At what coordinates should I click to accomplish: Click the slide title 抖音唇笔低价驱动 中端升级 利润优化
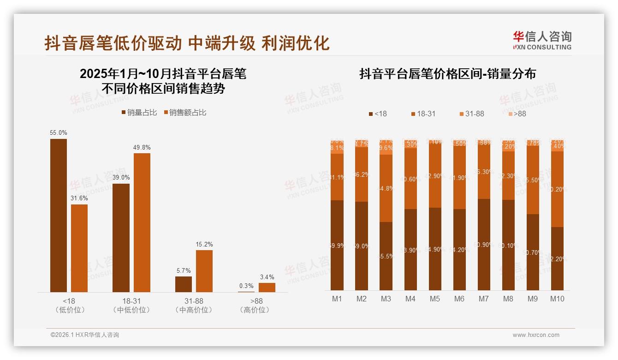187,43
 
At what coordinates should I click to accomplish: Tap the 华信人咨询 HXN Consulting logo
542,41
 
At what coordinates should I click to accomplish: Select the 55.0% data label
59,133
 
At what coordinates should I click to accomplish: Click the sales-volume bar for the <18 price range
59,215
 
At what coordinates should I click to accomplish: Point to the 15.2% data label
204,245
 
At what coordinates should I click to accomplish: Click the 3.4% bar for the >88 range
267,287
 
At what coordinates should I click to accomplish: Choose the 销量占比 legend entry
139,113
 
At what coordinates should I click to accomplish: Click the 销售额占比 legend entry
185,113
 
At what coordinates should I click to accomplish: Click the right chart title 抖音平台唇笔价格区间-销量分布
447,74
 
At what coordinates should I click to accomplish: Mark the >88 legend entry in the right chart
517,114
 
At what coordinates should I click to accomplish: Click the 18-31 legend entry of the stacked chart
422,114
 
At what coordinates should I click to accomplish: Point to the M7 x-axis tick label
483,299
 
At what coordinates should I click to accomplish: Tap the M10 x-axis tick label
557,299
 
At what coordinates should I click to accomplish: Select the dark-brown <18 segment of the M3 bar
386,256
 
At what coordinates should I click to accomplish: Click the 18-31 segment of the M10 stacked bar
557,189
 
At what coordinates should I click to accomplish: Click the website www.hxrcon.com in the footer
535,335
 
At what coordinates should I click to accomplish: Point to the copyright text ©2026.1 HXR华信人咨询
85,335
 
